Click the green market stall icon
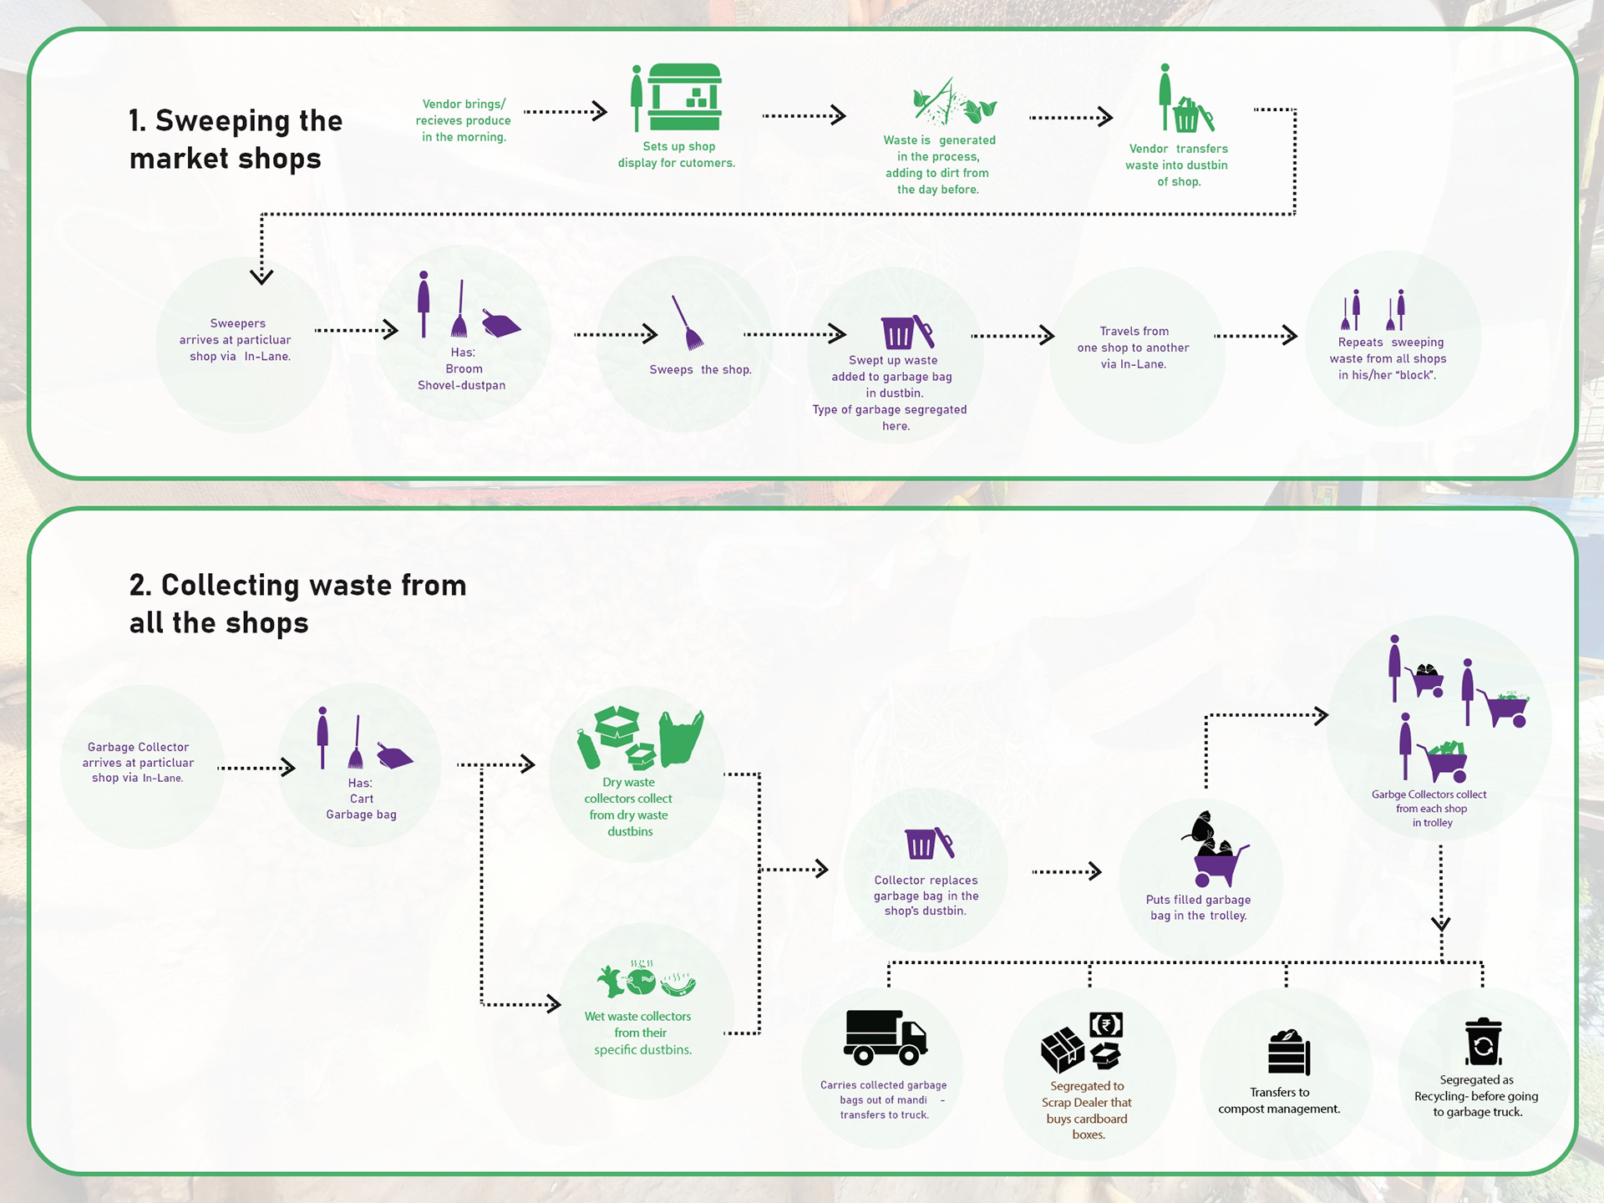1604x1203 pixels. tap(684, 97)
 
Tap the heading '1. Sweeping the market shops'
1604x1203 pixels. tap(236, 140)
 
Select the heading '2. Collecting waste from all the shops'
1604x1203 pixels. tap(297, 604)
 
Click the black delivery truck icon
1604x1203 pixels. tap(886, 1038)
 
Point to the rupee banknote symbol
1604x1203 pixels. tap(1106, 1024)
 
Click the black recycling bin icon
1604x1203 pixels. tap(1483, 1042)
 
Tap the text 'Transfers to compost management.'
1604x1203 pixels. tap(1279, 1100)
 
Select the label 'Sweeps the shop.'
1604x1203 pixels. tap(700, 369)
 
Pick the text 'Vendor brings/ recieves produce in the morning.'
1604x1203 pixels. tap(464, 120)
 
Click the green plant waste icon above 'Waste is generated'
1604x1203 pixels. tap(954, 102)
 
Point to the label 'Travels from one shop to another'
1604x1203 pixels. tap(1133, 339)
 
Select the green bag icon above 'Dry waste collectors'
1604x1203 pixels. tap(681, 738)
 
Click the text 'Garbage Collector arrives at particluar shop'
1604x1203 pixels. tap(138, 762)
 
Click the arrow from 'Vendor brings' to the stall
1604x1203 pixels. tap(565, 111)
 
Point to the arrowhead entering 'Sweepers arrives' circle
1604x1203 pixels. tap(261, 276)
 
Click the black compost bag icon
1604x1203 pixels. tap(1289, 1052)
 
